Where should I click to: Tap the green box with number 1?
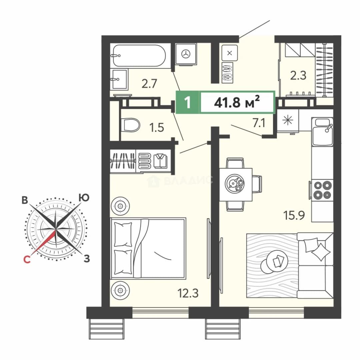(x=187, y=102)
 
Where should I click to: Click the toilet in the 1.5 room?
(x=130, y=125)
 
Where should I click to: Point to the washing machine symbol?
(x=186, y=54)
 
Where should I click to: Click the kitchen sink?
(x=322, y=132)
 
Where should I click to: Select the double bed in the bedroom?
(x=148, y=249)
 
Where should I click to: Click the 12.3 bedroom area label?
(x=188, y=293)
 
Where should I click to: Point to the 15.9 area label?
(x=294, y=215)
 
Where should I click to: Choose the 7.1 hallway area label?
(x=259, y=123)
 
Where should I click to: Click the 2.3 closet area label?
(x=298, y=75)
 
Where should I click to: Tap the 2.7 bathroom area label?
(x=149, y=84)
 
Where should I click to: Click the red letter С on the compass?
(x=27, y=259)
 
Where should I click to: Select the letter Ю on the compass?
(x=84, y=197)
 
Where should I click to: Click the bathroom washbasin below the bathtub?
(x=119, y=79)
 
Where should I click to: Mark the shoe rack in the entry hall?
(x=227, y=73)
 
